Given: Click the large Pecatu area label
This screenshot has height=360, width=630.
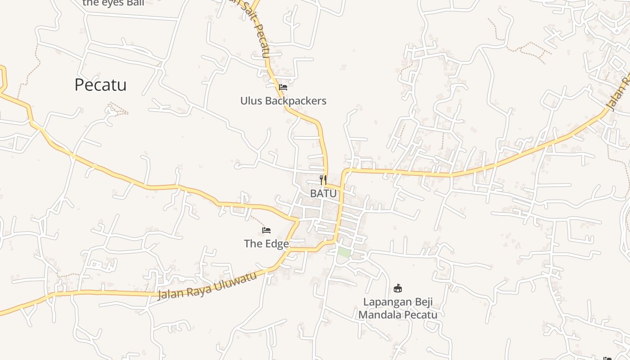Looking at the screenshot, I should [100, 85].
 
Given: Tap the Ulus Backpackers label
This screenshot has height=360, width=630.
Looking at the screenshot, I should [283, 101].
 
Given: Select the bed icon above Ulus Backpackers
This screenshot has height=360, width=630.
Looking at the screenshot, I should [283, 87].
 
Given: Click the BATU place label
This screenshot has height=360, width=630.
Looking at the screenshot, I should [323, 193].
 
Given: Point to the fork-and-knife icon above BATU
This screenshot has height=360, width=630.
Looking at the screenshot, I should [323, 180].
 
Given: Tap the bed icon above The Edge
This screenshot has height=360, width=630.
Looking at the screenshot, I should [266, 230].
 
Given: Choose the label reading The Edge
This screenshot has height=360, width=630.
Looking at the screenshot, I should [266, 244].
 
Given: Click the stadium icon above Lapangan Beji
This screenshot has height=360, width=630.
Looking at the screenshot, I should [398, 288].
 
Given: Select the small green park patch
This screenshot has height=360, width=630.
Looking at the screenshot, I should [344, 252].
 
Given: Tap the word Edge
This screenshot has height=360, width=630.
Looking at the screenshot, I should [276, 244].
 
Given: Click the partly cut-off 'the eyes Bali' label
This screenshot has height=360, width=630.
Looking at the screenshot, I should [113, 3].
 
